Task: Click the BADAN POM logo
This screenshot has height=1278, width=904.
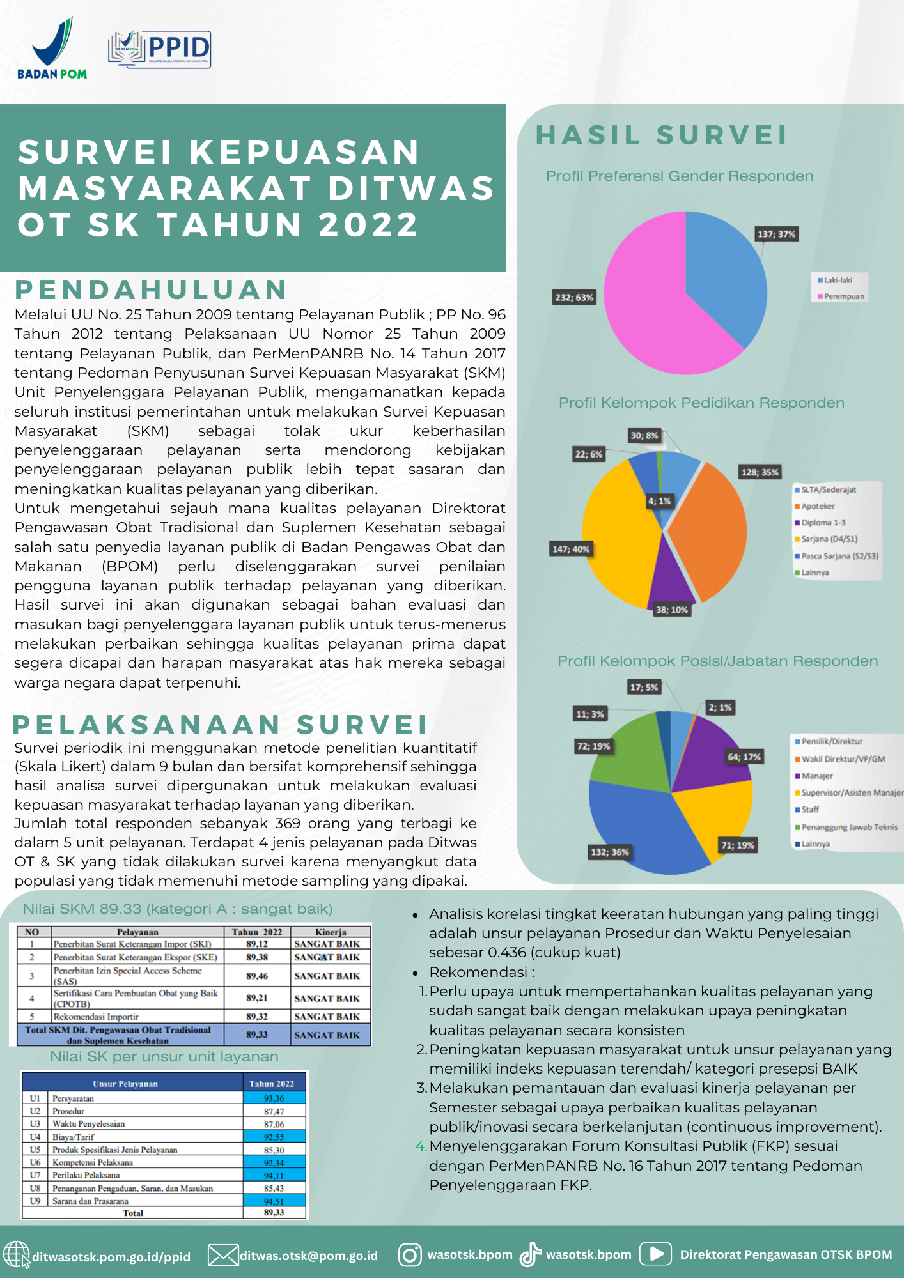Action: (x=52, y=49)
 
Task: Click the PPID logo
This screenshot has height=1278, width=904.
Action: (x=160, y=49)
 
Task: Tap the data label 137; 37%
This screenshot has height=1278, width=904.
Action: (x=776, y=234)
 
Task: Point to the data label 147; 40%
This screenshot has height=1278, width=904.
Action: (x=571, y=549)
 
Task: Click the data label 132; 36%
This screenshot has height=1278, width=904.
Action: (x=609, y=852)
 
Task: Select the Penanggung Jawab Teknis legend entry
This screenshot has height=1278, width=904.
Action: (x=849, y=827)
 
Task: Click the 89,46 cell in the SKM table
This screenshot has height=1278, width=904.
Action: (x=257, y=976)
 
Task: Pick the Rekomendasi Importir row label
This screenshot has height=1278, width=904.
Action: (x=96, y=1016)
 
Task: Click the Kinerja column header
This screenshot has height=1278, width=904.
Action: (x=330, y=932)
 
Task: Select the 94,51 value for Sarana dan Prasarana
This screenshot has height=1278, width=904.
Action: (x=274, y=1201)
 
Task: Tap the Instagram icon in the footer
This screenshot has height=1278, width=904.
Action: (x=410, y=1254)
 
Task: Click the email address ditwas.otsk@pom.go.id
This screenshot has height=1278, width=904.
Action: (x=308, y=1256)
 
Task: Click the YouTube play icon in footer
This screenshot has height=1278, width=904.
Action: (x=656, y=1254)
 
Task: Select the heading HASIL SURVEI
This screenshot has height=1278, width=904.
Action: (x=661, y=135)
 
